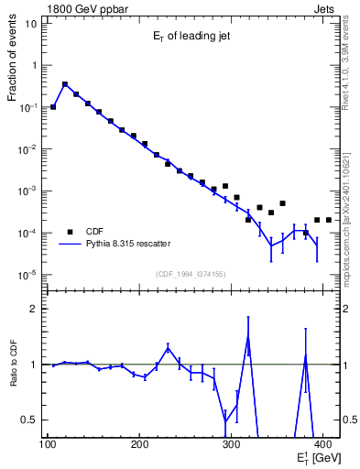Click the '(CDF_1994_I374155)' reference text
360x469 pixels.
pyautogui.click(x=192, y=274)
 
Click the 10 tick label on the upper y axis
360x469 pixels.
pyautogui.click(x=32, y=24)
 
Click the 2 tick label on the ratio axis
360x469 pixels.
pyautogui.click(x=34, y=310)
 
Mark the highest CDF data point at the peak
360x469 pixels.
pyautogui.click(x=65, y=84)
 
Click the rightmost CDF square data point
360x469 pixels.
pyautogui.click(x=328, y=220)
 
